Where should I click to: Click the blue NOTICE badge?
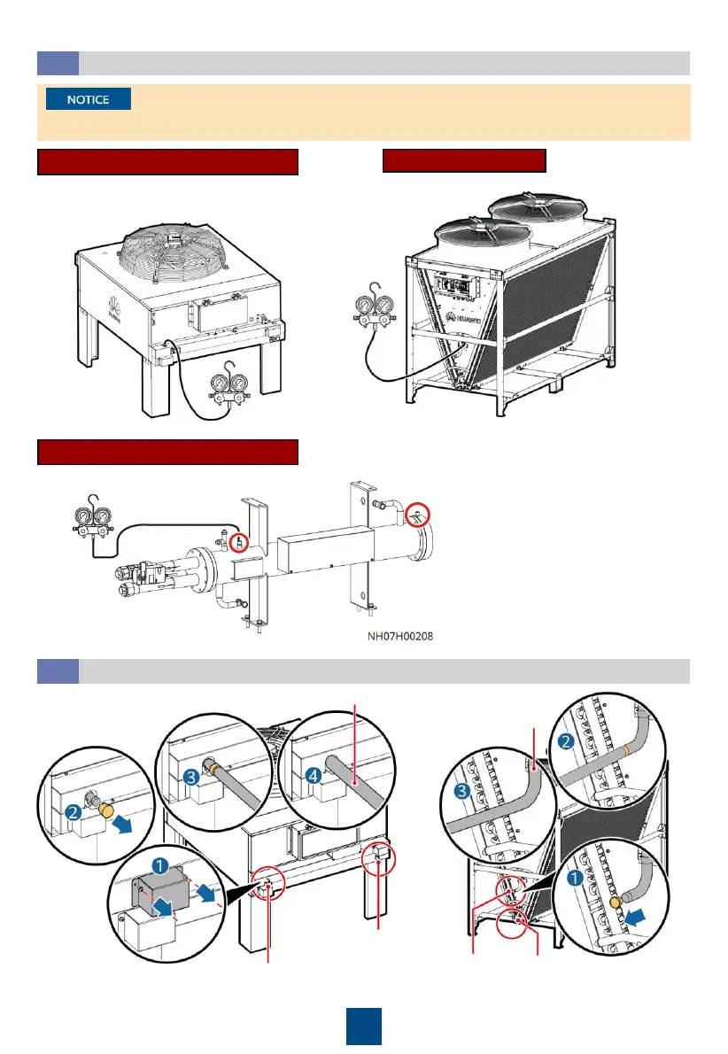pyautogui.click(x=89, y=99)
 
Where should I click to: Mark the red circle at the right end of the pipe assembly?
pyautogui.click(x=418, y=515)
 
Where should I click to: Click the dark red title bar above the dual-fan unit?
pyautogui.click(x=464, y=160)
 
